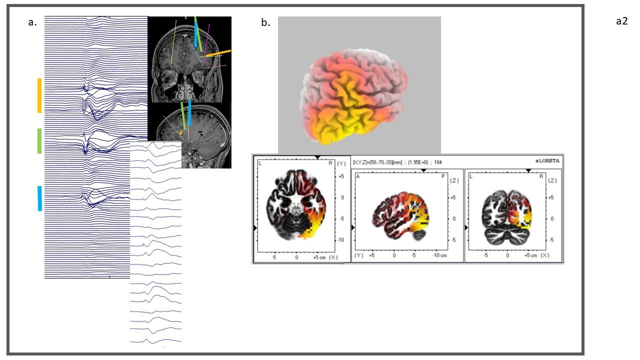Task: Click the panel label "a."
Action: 33,22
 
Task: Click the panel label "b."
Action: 265,22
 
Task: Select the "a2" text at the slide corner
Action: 621,21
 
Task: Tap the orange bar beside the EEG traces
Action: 39,95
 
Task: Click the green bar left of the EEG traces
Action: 39,141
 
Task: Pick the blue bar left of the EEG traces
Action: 39,198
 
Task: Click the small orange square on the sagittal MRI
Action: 180,133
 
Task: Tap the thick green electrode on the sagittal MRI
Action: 184,120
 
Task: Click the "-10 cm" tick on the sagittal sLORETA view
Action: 439,255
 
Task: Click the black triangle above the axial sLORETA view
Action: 317,157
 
